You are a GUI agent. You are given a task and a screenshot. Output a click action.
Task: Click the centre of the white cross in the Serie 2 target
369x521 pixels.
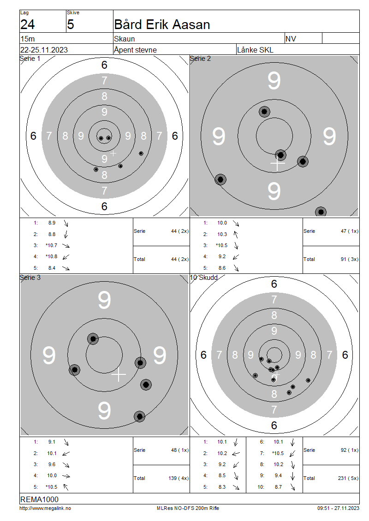[x=278, y=164]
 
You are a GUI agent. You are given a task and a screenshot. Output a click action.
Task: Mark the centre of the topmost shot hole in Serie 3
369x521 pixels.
[x=93, y=339]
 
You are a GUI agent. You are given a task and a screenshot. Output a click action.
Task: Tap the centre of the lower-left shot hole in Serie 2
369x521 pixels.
[x=220, y=180]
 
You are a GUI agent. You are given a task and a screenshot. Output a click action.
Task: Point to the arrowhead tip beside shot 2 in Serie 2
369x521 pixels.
[x=234, y=231]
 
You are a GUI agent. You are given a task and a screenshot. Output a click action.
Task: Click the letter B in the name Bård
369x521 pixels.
[x=119, y=24]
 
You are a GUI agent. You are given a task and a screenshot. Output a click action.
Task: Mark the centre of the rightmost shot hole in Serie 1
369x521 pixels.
[x=141, y=154]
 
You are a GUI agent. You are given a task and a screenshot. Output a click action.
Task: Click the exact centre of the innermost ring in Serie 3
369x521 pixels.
[x=104, y=355]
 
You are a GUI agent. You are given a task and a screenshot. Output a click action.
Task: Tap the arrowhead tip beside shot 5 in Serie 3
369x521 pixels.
[x=64, y=484]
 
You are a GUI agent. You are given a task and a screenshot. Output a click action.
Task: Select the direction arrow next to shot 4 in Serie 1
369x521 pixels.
[x=66, y=257]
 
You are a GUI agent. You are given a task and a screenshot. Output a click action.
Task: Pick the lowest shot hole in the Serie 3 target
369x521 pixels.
[x=140, y=416]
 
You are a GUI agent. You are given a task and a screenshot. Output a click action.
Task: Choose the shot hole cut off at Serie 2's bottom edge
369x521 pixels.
[x=321, y=212]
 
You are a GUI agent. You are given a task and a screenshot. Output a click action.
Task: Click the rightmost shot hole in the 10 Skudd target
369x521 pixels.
[x=308, y=380]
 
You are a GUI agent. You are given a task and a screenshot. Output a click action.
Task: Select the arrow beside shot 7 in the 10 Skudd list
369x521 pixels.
[x=292, y=454]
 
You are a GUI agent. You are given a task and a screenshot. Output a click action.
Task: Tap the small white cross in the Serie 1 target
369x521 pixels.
[x=113, y=153]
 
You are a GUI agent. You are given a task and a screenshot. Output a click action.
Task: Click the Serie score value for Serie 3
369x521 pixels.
[x=180, y=450]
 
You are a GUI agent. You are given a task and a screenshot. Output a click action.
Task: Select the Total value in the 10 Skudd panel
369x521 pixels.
[x=348, y=479]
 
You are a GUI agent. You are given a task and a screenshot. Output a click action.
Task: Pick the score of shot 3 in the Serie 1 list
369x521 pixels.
[x=52, y=246]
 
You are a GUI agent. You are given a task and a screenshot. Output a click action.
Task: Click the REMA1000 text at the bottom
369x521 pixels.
[x=39, y=499]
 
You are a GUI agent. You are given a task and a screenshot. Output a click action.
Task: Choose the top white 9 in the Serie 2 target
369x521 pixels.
[x=274, y=81]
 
